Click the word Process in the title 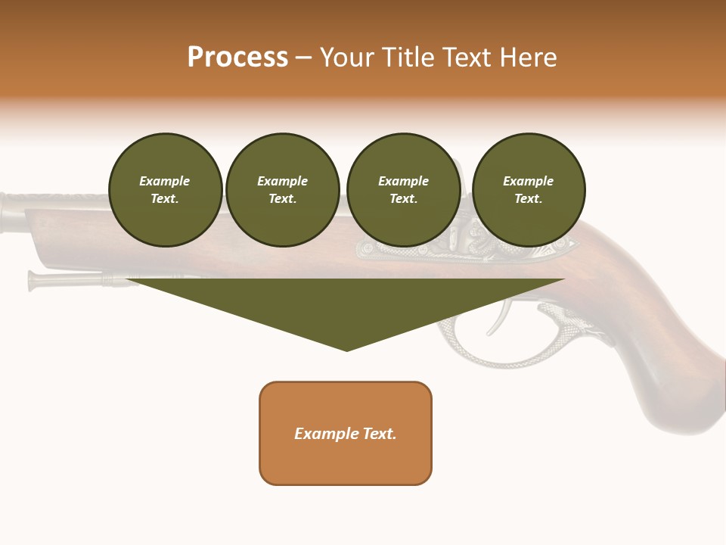(x=237, y=58)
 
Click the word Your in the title (x=346, y=58)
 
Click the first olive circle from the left (x=166, y=190)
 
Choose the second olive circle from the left (x=283, y=190)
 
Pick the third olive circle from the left (x=403, y=190)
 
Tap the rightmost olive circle (x=529, y=190)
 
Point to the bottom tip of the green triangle (x=346, y=350)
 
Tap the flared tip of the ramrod (x=33, y=280)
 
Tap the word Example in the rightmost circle (x=528, y=181)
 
